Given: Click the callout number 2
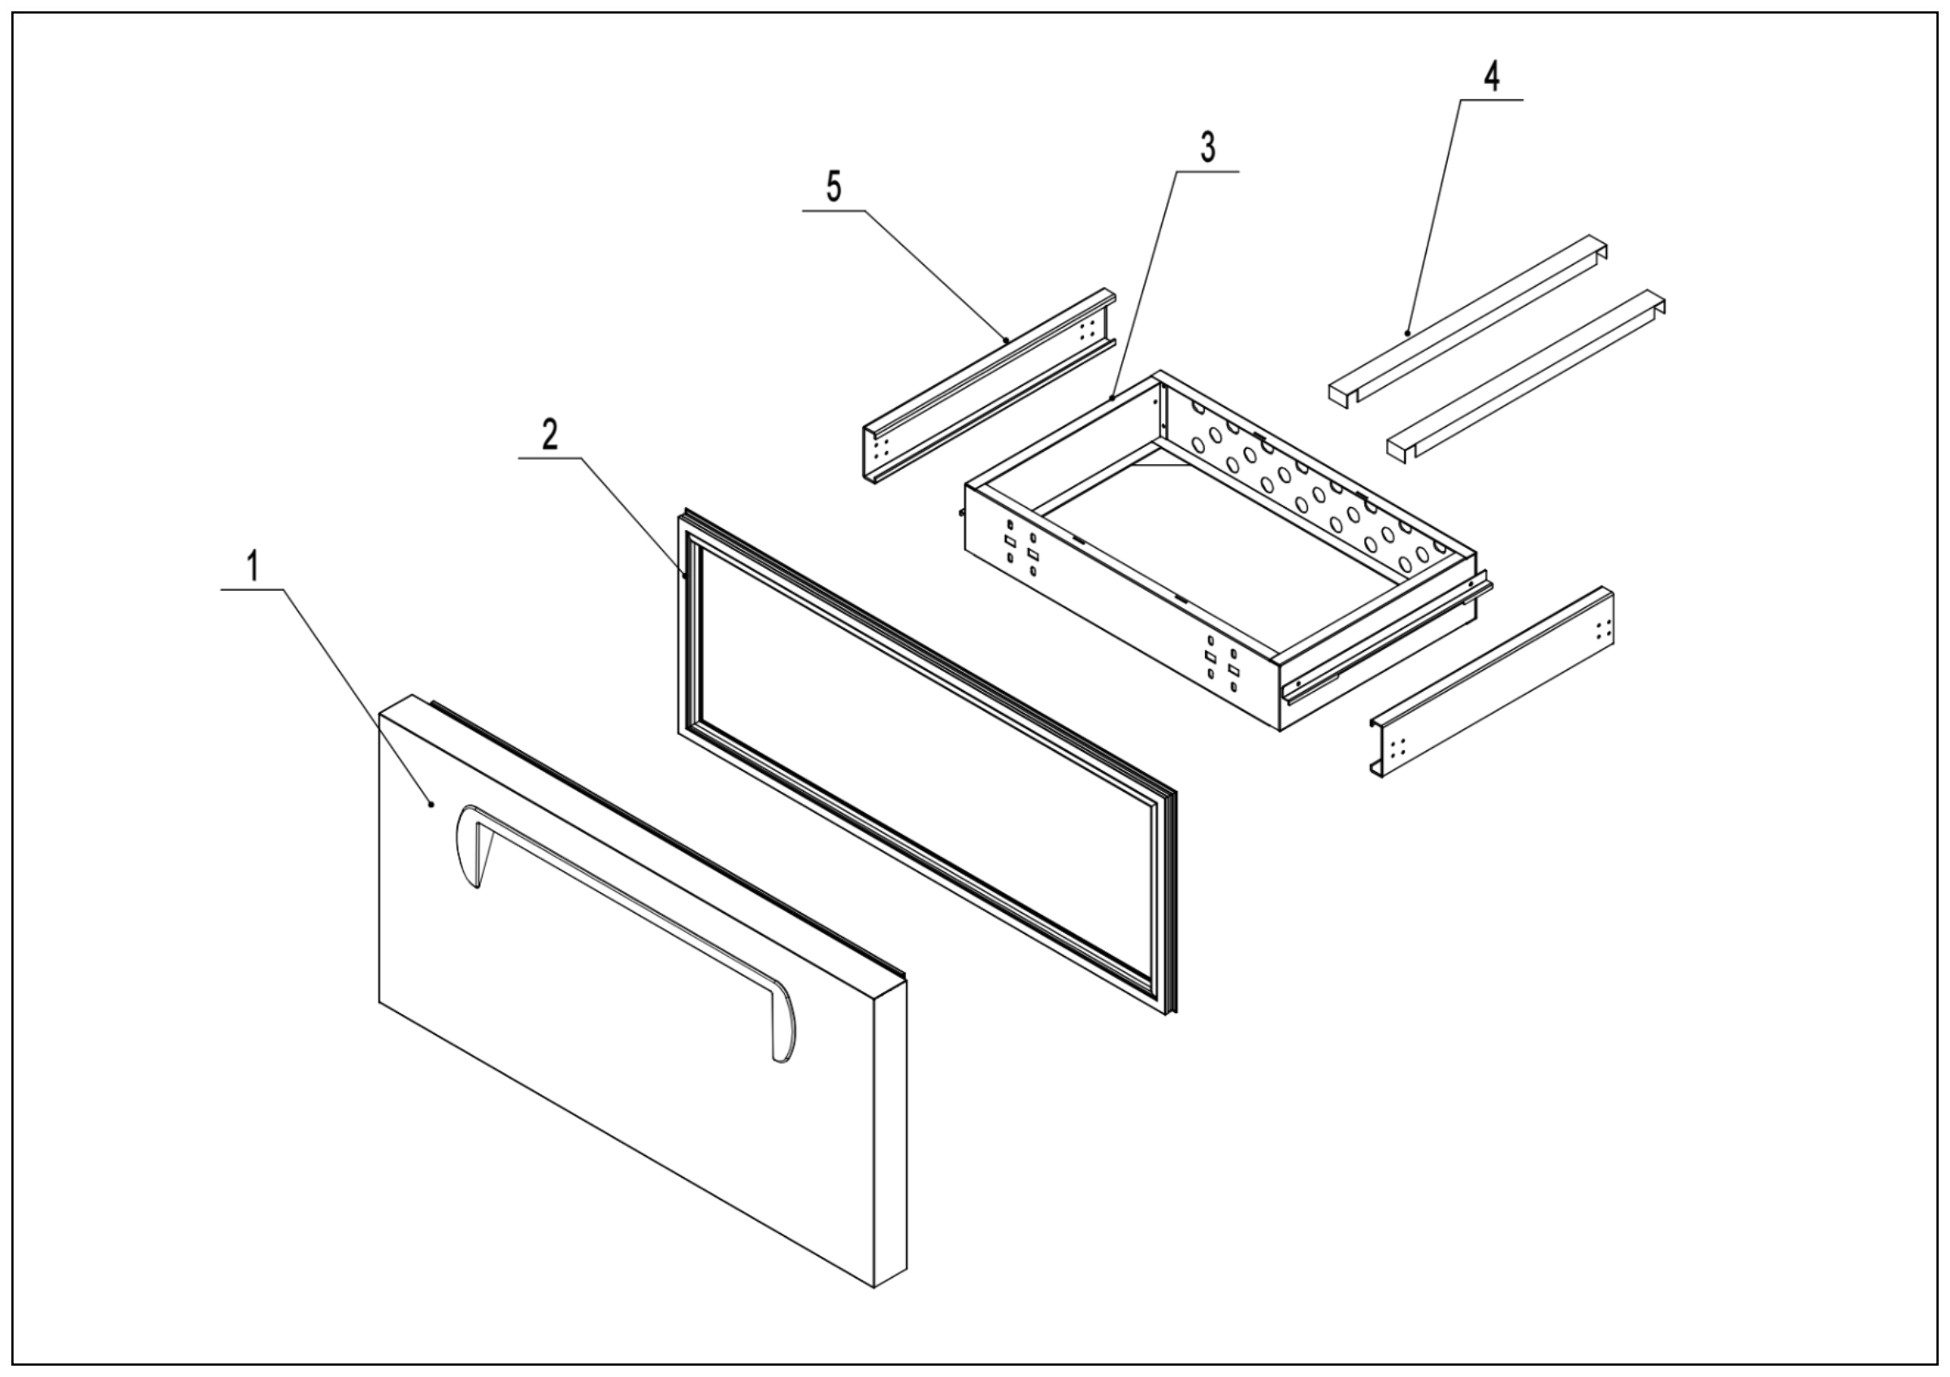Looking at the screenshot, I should point(550,435).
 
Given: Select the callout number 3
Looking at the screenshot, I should point(1207,148).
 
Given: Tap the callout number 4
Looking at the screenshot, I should point(1492,76).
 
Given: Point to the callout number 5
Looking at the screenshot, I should point(834,187).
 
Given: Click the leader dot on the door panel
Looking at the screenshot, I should point(431,804).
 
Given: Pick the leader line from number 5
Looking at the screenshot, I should point(934,276).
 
